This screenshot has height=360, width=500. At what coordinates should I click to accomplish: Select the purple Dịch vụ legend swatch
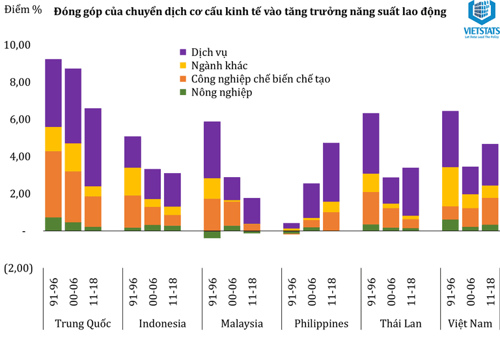(183, 51)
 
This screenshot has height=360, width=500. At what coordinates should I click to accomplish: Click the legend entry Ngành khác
(219, 65)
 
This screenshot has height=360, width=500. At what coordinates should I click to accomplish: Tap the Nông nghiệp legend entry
(221, 92)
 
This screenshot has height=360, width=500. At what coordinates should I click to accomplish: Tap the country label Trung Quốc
(83, 324)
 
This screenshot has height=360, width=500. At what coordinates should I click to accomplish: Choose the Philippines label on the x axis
(321, 324)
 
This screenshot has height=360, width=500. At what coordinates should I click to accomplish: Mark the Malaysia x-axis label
(242, 324)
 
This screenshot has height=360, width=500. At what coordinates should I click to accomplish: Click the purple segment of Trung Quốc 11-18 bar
(93, 147)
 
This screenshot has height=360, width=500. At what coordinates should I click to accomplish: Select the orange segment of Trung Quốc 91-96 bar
(53, 184)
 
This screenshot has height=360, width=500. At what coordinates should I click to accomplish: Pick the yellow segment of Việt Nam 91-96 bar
(450, 187)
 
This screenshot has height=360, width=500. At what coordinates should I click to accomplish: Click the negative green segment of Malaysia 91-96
(212, 234)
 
